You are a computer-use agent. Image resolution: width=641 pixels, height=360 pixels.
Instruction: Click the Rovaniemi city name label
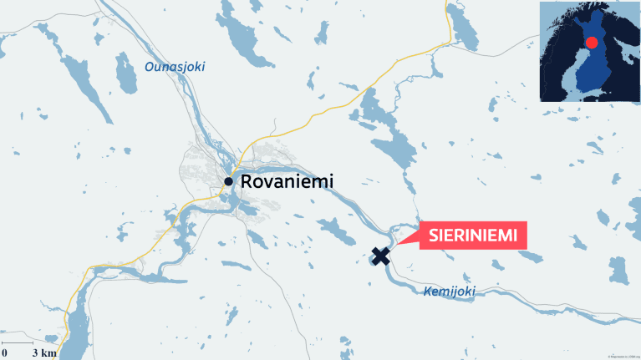click(287, 181)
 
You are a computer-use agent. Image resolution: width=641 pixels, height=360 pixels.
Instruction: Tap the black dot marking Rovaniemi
click(228, 180)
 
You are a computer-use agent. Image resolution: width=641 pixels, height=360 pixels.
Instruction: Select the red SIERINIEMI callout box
click(472, 236)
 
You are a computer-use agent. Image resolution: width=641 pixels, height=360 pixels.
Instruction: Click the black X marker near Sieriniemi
click(380, 256)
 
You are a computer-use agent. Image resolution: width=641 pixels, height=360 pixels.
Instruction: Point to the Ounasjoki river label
click(175, 67)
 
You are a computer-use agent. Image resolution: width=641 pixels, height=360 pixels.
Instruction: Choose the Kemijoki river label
click(450, 292)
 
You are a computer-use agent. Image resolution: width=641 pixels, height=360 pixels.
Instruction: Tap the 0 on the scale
click(5, 353)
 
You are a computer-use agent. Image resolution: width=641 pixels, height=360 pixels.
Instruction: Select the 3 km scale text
click(44, 353)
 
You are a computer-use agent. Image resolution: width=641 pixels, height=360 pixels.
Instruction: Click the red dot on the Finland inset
click(592, 43)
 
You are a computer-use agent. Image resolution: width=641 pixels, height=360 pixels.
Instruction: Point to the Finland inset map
click(588, 52)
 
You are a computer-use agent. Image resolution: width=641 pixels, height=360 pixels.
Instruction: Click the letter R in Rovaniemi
click(246, 181)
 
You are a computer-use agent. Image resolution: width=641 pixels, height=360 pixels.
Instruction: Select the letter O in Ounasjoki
click(150, 67)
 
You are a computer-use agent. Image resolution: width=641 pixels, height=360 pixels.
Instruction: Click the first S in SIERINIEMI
click(433, 236)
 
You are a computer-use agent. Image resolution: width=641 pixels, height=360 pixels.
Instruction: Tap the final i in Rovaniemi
click(331, 181)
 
